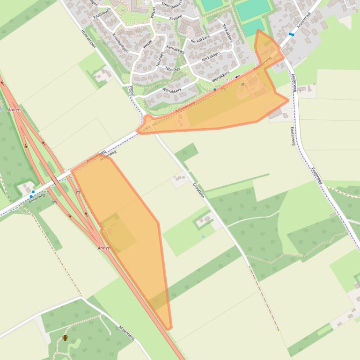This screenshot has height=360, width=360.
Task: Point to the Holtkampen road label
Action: click(88, 38)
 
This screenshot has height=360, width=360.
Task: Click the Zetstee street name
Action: click(175, 17)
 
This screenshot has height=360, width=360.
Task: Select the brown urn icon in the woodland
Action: click(65, 338)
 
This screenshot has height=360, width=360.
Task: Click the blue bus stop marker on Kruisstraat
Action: click(291, 34)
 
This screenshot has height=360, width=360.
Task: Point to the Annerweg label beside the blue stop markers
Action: click(37, 200)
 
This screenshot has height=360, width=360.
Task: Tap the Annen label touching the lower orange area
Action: click(103, 248)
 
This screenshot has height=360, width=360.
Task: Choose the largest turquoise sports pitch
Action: click(253, 9)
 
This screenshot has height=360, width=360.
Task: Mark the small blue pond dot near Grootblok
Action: click(203, 237)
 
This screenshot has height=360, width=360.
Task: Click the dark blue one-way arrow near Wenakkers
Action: click(237, 77)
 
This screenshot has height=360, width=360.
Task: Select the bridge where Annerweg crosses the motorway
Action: click(55, 180)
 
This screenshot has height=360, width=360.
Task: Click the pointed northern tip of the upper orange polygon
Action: click(258, 31)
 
